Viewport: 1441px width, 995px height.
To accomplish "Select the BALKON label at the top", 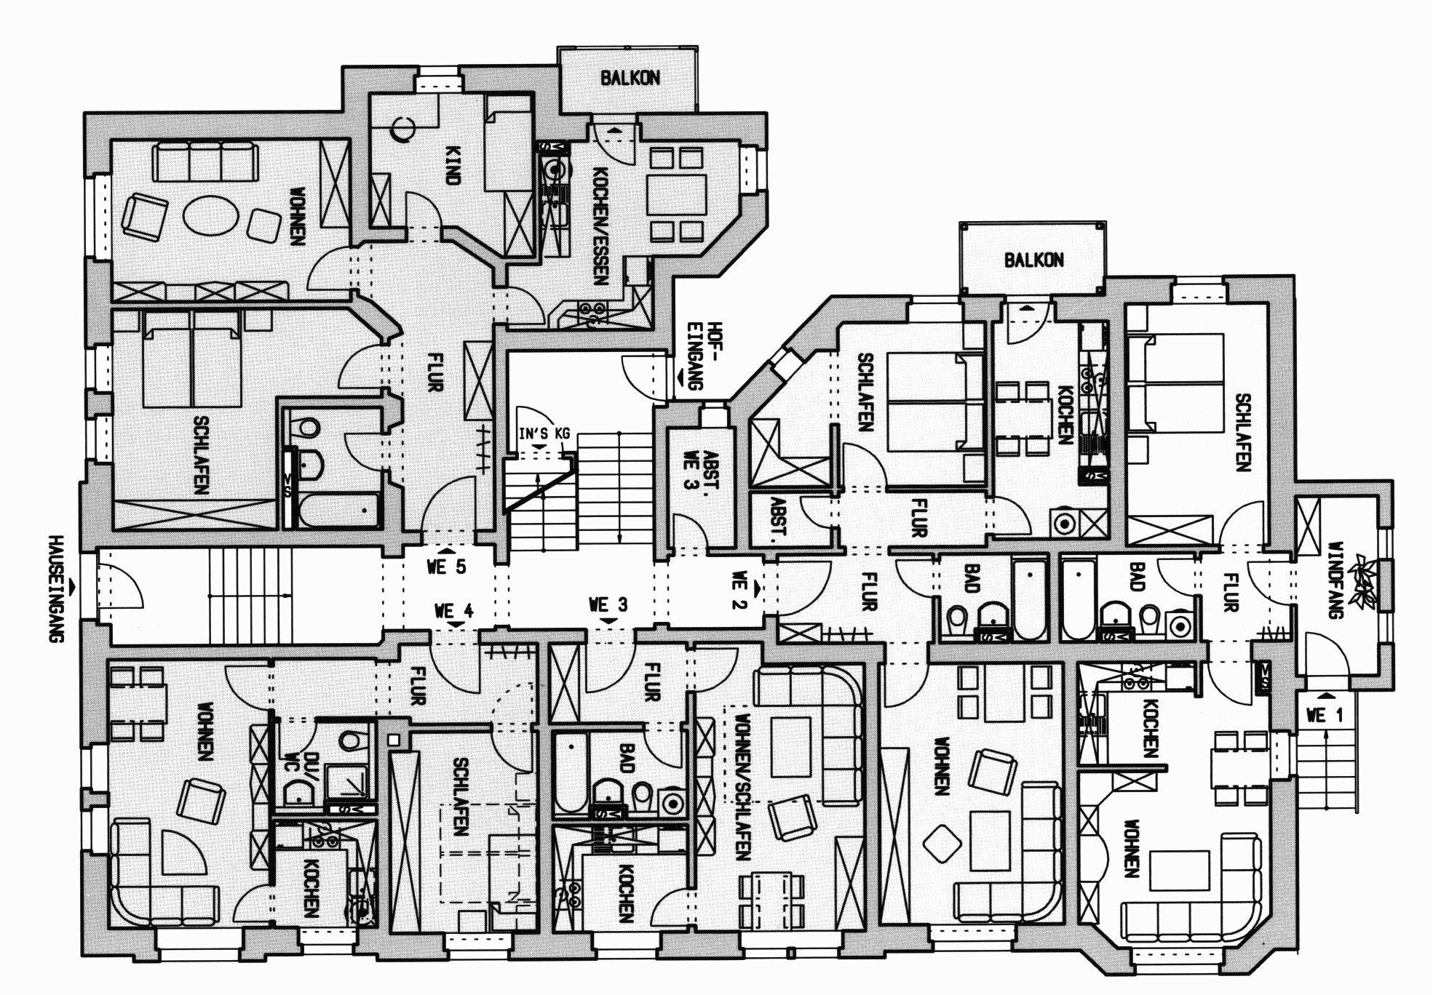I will click(630, 79).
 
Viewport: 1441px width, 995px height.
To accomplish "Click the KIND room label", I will click(453, 166).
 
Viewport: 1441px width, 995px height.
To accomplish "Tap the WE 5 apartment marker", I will click(447, 567).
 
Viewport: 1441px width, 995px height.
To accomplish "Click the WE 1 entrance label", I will click(1325, 716).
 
